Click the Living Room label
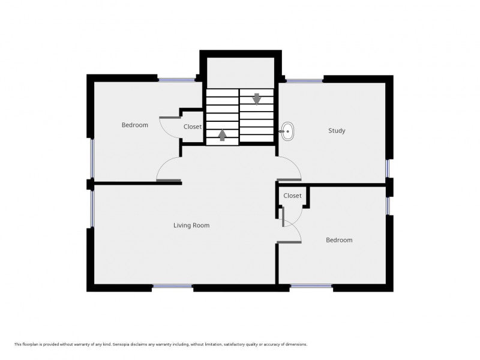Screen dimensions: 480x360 191,226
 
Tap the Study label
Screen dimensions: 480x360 337,131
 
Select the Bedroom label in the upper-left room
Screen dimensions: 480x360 134,125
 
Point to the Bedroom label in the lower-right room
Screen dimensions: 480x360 339,240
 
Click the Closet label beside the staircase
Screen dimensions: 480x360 193,127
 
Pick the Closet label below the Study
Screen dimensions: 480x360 292,196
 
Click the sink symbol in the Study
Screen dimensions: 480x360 287,131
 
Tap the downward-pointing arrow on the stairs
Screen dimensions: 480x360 257,99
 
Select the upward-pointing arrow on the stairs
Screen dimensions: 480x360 222,135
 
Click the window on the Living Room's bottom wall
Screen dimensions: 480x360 173,287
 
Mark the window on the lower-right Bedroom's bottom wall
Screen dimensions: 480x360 311,287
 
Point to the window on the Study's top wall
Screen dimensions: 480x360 304,80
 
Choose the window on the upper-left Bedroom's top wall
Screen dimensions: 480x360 176,80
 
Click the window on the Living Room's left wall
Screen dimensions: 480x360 92,209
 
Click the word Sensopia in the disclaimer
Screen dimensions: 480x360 121,344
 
